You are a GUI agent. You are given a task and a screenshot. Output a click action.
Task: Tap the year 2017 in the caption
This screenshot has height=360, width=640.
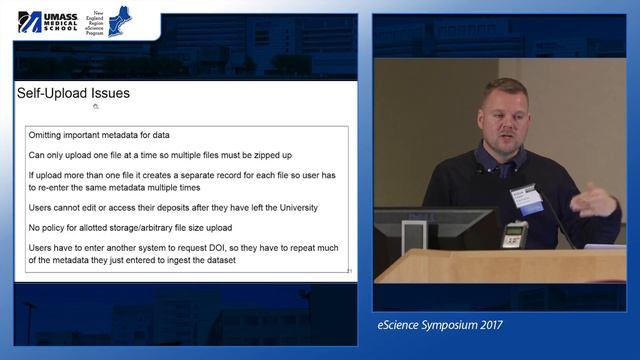(483, 325)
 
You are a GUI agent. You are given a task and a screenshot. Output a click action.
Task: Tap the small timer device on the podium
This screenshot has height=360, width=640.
(514, 237)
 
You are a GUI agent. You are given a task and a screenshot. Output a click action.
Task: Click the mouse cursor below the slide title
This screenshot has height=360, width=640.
(95, 106)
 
